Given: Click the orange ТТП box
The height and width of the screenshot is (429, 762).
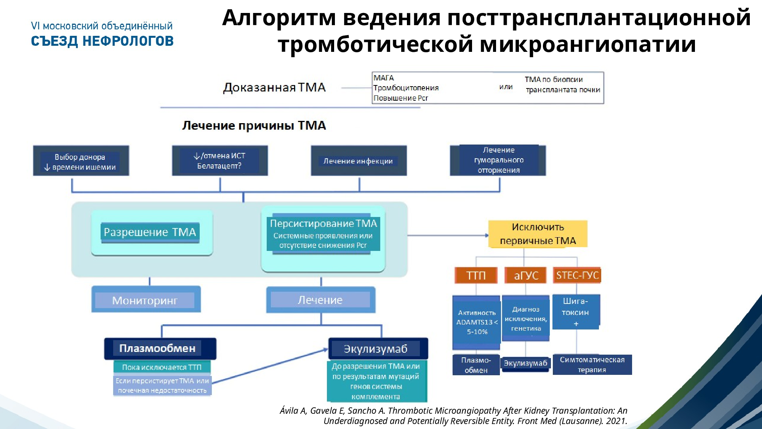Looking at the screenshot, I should [476, 275].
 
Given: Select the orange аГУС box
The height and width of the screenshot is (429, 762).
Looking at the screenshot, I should [526, 275].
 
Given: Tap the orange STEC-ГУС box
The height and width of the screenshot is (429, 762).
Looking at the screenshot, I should [577, 275].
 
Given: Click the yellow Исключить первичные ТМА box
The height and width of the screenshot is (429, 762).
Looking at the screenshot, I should [538, 234].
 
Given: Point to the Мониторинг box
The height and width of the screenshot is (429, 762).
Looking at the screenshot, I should [146, 300].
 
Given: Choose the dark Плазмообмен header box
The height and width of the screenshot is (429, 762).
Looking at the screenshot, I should [160, 348].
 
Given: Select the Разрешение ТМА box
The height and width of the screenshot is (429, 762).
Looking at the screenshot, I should [150, 232].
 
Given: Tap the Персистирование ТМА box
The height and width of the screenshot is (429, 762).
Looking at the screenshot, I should [323, 234].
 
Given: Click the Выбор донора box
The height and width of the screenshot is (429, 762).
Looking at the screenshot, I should [81, 161].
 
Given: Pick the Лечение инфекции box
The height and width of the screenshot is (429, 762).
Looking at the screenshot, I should [359, 161].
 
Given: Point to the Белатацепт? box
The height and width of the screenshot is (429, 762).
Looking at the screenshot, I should [219, 161].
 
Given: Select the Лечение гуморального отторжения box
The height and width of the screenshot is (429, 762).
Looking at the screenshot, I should [498, 160].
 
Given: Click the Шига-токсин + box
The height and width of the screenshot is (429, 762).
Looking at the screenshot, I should [576, 312].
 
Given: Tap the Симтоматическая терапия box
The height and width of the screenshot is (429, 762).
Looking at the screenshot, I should [592, 365].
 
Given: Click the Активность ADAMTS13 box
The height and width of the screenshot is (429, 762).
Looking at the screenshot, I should [476, 322].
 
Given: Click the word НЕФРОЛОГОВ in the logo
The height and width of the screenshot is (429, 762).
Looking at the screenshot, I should [128, 41].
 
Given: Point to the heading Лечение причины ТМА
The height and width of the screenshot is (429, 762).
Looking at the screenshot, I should [254, 125].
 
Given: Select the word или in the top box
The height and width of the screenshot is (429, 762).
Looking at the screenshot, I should [506, 87].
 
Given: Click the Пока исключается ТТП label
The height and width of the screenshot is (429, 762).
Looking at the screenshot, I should [162, 367].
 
